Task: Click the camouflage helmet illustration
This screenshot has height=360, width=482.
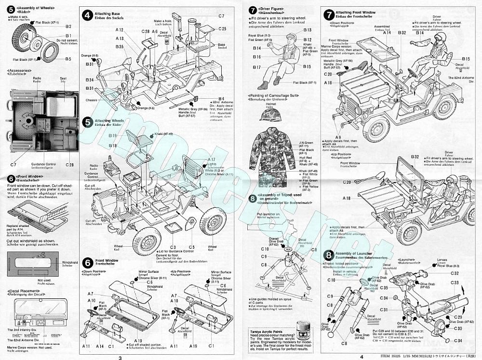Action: pyautogui.click(x=271, y=115)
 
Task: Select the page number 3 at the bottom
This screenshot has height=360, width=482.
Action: pyautogui.click(x=120, y=357)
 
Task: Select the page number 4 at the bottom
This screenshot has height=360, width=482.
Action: pyautogui.click(x=360, y=357)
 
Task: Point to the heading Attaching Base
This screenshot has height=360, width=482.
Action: pyautogui.click(x=107, y=13)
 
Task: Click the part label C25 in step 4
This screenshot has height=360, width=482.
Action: pyautogui.click(x=222, y=29)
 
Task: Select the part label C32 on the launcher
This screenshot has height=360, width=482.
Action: pyautogui.click(x=454, y=273)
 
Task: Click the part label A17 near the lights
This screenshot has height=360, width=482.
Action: pyautogui.click(x=212, y=160)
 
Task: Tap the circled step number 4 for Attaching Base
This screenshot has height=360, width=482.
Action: pyautogui.click(x=87, y=15)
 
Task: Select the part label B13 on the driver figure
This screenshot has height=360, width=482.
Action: pyautogui.click(x=307, y=30)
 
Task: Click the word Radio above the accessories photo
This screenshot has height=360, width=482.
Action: pyautogui.click(x=37, y=78)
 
